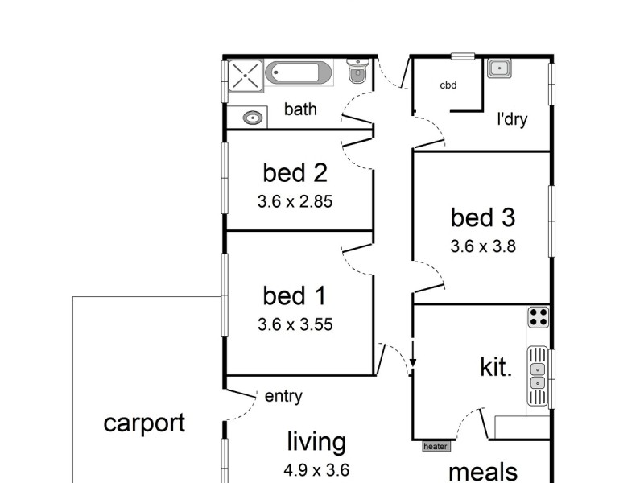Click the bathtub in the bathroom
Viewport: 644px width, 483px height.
tap(299, 73)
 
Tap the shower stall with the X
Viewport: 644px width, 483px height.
tap(244, 76)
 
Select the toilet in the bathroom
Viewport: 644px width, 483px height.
tap(357, 72)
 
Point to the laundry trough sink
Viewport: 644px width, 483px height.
tap(497, 68)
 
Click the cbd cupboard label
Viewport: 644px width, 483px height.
tap(448, 85)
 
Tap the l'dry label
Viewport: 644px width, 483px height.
tap(512, 120)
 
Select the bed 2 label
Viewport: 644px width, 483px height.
tap(295, 172)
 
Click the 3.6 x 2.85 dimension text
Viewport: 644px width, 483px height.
tap(295, 202)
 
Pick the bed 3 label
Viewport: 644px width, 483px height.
tap(483, 217)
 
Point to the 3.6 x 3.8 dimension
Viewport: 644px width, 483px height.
tap(483, 246)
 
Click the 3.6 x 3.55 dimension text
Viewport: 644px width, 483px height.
tap(295, 325)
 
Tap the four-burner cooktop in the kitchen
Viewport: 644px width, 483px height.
tap(538, 317)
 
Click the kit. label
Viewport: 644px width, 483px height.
tap(496, 368)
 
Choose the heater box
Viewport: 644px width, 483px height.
tap(435, 445)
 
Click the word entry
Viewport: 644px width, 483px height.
tap(283, 396)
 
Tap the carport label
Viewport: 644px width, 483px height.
tap(144, 423)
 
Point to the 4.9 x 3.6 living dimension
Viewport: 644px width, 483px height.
tap(317, 470)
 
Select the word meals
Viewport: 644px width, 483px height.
tap(483, 471)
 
